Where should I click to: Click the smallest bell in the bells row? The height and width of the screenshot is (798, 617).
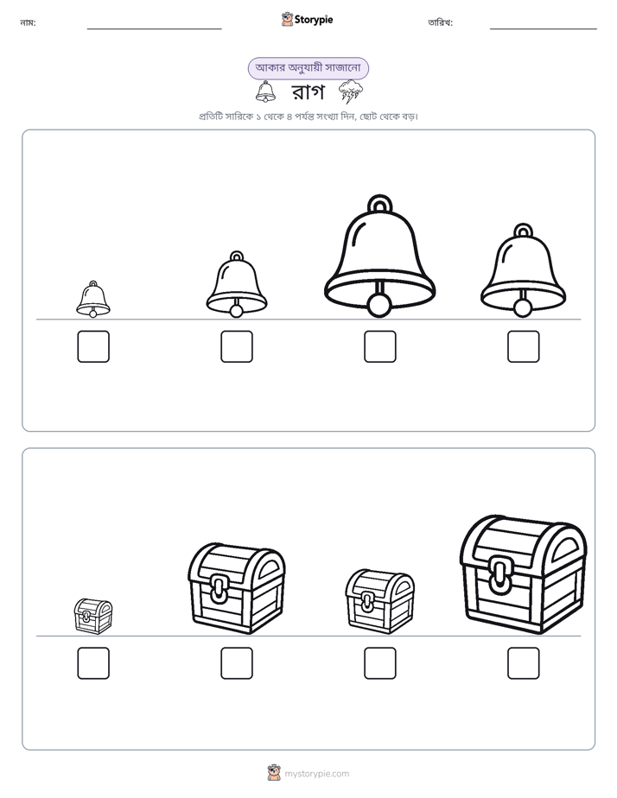(93, 299)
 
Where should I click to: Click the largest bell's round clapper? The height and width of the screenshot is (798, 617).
(379, 306)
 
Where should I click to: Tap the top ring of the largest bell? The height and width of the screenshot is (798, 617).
(379, 203)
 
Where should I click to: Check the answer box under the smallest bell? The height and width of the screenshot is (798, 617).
(93, 346)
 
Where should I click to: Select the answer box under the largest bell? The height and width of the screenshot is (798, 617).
(379, 346)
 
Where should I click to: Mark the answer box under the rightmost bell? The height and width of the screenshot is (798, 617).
(523, 346)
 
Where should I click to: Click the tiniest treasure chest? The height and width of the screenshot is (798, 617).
(93, 617)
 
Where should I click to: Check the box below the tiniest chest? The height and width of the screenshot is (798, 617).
(93, 663)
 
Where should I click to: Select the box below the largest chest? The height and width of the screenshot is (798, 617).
(523, 663)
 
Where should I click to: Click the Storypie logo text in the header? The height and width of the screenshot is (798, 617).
(314, 20)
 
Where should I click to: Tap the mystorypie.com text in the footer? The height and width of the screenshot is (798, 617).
(316, 774)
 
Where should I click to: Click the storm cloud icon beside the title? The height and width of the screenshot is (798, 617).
(351, 92)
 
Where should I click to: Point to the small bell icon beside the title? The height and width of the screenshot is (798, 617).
(266, 92)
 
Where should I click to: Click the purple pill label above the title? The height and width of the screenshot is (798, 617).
(308, 68)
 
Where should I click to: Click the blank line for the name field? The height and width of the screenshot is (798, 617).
(154, 29)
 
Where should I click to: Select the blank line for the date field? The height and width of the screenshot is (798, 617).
(544, 29)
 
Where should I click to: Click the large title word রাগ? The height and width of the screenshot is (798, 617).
(308, 92)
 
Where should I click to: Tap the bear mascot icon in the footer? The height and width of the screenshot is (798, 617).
(274, 773)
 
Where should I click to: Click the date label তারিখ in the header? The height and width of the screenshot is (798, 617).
(441, 22)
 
